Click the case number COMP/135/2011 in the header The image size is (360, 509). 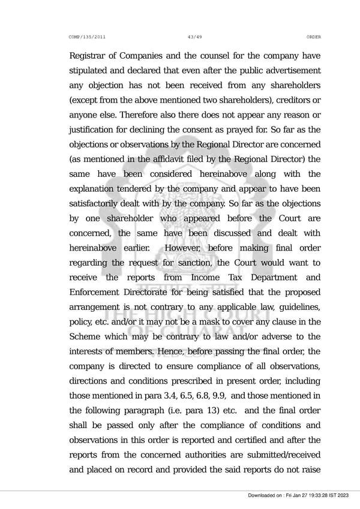tap(88, 37)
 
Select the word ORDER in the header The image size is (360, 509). tap(313, 37)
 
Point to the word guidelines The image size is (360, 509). tap(296, 308)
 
